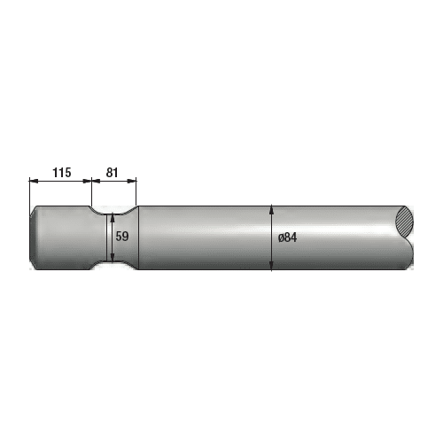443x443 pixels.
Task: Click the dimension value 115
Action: pyautogui.click(x=59, y=173)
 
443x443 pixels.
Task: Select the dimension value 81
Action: pyautogui.click(x=113, y=173)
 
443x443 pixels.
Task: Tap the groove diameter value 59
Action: pyautogui.click(x=122, y=237)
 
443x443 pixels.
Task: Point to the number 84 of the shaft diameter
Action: pyautogui.click(x=290, y=237)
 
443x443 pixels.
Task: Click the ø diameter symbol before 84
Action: pyautogui.click(x=280, y=237)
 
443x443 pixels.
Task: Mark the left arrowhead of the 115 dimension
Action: pyautogui.click(x=33, y=181)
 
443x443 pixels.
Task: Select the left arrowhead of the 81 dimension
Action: pyautogui.click(x=95, y=181)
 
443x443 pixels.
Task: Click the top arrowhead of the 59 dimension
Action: pyautogui.click(x=113, y=216)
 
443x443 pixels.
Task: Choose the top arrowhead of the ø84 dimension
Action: pyautogui.click(x=271, y=210)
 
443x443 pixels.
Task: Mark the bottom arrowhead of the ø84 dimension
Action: pyautogui.click(x=271, y=267)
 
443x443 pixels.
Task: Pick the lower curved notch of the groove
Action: pyautogui.click(x=113, y=267)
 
